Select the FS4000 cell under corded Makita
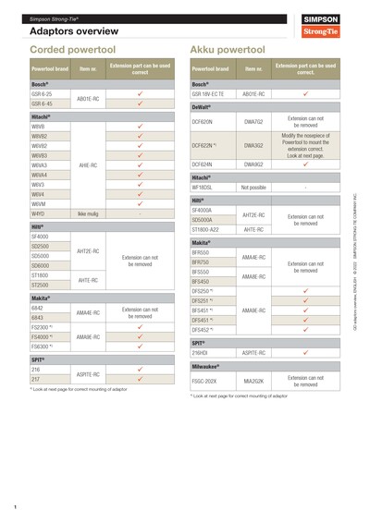[x=44, y=337]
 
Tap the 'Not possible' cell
[x=253, y=188]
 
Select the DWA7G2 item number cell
[x=253, y=121]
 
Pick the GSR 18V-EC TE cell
[x=210, y=94]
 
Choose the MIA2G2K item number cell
[x=253, y=380]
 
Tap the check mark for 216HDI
[x=305, y=353]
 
